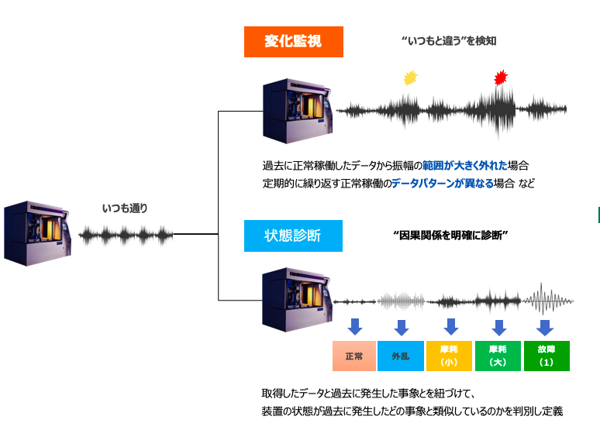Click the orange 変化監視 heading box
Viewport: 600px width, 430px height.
(x=293, y=42)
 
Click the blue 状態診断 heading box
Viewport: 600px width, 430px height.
(x=293, y=236)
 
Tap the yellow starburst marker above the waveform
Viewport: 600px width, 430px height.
(x=411, y=77)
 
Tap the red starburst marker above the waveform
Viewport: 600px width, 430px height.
(x=502, y=77)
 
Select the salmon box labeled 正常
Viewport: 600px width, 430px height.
(x=354, y=356)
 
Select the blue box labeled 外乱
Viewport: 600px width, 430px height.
(x=401, y=356)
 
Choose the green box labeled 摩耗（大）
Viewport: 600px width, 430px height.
(x=498, y=356)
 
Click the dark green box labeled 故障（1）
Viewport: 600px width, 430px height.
(x=546, y=356)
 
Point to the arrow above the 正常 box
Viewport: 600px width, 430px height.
(x=355, y=326)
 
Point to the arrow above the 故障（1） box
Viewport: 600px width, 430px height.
(x=545, y=326)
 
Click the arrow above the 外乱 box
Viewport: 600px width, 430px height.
(x=402, y=326)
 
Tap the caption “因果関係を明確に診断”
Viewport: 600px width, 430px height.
(x=450, y=235)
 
